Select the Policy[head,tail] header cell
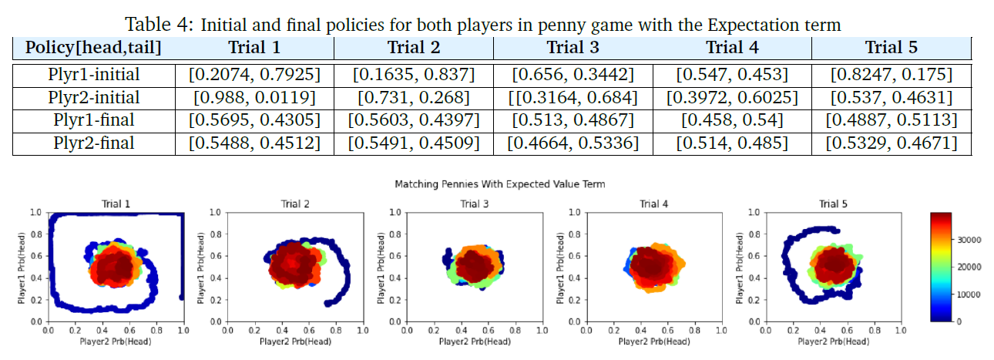tap(93, 47)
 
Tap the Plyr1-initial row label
tap(93, 75)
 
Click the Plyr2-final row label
tap(93, 143)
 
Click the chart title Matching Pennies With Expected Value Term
tap(499, 184)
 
